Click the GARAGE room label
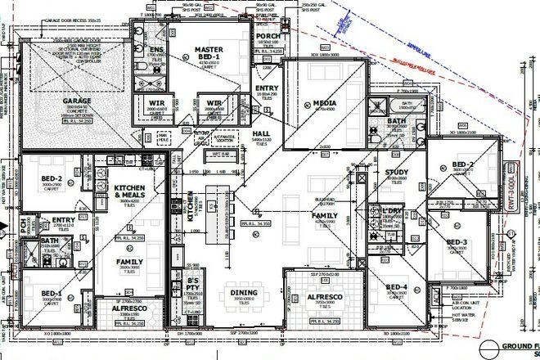pyautogui.click(x=77, y=101)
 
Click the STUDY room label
pyautogui.click(x=396, y=173)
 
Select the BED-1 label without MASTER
pyautogui.click(x=50, y=293)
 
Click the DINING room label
pyautogui.click(x=245, y=292)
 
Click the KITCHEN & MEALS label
pyautogui.click(x=130, y=191)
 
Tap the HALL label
pyautogui.click(x=261, y=132)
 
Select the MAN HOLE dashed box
pyautogui.click(x=164, y=137)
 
